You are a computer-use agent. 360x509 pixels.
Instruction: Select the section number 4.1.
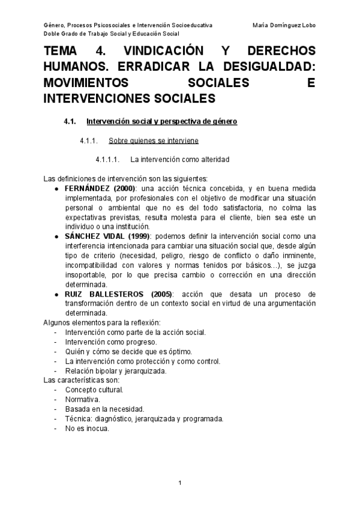(70, 122)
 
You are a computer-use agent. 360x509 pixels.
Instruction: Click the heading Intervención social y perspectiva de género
(162, 122)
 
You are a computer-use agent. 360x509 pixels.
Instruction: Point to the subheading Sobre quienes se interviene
(153, 141)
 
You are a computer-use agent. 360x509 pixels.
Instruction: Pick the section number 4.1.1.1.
(108, 160)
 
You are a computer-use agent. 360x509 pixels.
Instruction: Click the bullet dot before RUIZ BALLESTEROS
(56, 294)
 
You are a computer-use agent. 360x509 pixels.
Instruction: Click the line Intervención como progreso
(103, 342)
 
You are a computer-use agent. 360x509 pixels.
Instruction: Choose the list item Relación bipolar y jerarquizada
(116, 370)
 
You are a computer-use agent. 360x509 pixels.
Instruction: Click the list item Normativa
(83, 399)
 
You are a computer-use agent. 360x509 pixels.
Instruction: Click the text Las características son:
(82, 380)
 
